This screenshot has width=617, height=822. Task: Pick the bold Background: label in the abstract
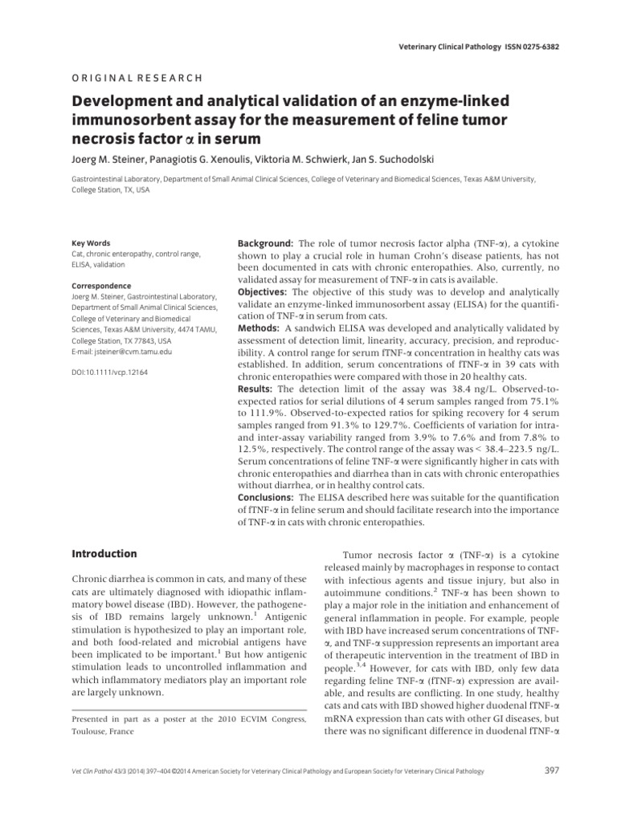(x=267, y=242)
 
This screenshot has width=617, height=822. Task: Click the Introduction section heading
(x=104, y=554)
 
